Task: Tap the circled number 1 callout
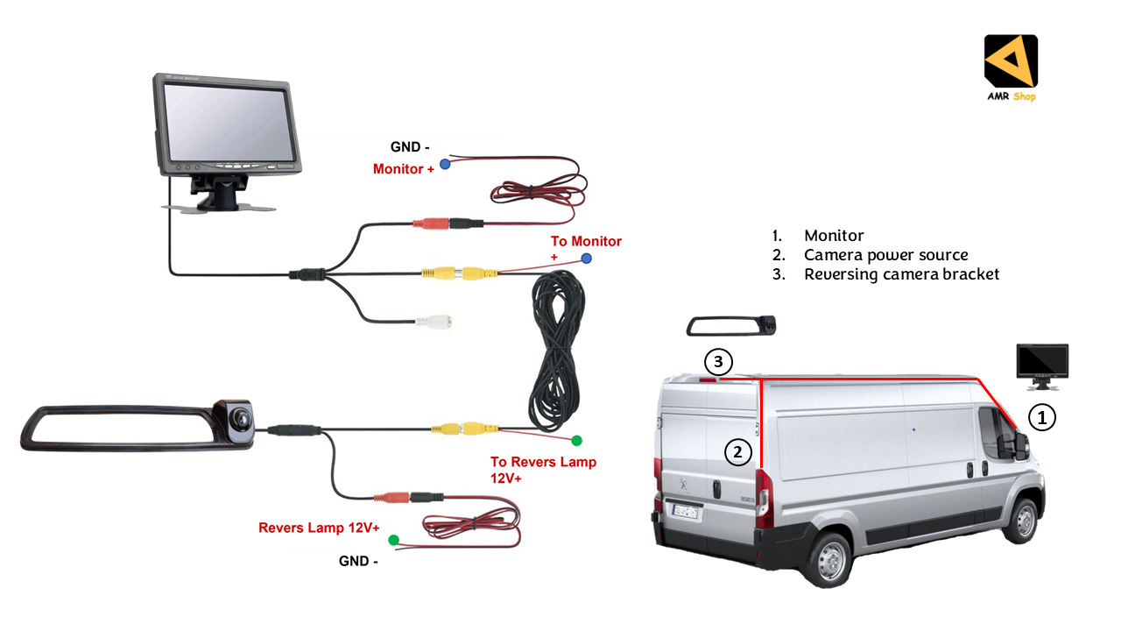tap(1041, 418)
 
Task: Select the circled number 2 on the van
tap(738, 452)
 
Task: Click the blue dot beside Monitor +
tap(445, 164)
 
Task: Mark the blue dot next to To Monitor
tap(586, 259)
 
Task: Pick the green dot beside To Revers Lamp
tap(576, 440)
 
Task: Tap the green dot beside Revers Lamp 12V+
tap(393, 540)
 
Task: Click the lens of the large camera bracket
tap(237, 417)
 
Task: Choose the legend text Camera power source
tap(885, 255)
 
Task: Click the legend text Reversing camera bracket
tap(901, 274)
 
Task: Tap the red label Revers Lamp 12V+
tap(319, 528)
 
